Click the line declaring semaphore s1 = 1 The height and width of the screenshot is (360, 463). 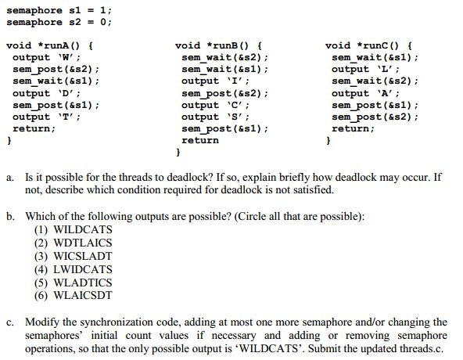(59, 11)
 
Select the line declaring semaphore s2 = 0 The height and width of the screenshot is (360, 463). (59, 23)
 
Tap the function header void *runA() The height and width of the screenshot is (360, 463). (49, 46)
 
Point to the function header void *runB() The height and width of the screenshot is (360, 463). (218, 46)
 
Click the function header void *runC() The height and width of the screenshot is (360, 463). (368, 46)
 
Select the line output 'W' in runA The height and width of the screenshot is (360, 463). (46, 57)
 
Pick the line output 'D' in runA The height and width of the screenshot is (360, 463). (46, 93)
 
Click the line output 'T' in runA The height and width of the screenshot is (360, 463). (46, 117)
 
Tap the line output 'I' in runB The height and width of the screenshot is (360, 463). (216, 81)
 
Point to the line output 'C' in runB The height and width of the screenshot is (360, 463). (216, 105)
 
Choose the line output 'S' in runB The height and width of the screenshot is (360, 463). (216, 117)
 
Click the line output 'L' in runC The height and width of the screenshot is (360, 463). (365, 69)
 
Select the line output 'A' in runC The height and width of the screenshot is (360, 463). (365, 93)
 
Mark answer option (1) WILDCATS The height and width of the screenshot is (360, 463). (74, 229)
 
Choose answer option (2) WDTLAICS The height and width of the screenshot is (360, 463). (74, 243)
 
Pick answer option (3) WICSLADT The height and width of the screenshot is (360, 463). (74, 256)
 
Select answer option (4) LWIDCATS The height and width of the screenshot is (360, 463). (74, 269)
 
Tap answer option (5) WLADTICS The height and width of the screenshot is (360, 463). (74, 283)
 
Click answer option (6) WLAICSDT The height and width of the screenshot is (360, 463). (74, 295)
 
